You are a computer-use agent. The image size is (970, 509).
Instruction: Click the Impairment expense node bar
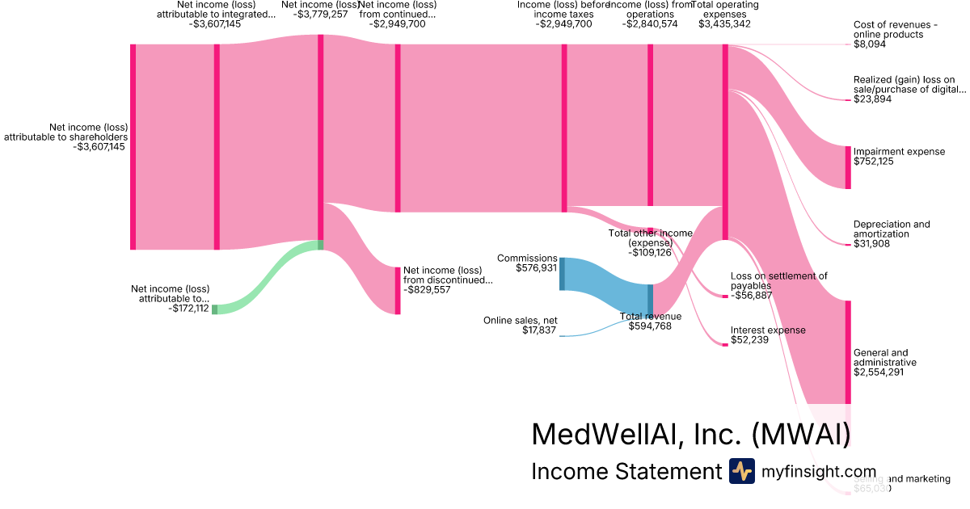point(848,167)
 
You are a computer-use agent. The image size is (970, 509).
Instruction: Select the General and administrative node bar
point(848,351)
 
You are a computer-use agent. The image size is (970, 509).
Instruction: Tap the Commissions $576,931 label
point(527,263)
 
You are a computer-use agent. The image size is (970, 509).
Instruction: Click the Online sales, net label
point(520,326)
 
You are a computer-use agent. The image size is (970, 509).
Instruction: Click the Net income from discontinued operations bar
point(398,290)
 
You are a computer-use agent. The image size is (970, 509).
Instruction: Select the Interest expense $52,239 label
point(767,335)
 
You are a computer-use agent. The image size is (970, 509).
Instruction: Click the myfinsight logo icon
point(741,471)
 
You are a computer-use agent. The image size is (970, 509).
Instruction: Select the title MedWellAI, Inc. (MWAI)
point(690,434)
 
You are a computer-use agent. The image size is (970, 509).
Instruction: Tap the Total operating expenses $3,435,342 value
point(724,24)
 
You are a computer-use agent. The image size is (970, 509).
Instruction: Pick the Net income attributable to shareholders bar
point(133,147)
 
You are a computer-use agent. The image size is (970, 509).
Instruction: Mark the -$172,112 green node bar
point(215,309)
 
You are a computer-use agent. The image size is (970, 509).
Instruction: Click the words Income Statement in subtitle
point(626,472)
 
